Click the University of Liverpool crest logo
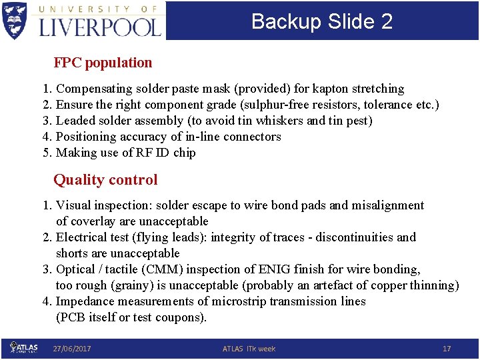tap(15, 20)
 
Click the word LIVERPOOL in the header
tap(100, 27)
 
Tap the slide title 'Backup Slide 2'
tap(322, 21)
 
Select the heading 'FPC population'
tap(103, 63)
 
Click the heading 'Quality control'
tap(105, 179)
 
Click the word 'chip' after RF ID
tap(184, 153)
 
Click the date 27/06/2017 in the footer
tap(72, 349)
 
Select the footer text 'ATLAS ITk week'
tap(249, 349)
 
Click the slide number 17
tap(447, 349)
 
